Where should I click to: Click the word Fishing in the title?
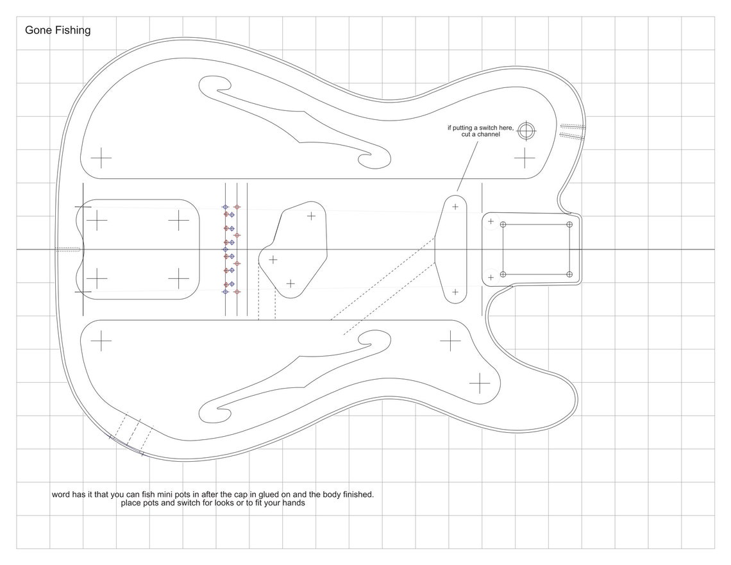click(72, 30)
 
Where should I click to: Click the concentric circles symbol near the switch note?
click(527, 131)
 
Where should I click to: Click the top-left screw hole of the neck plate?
click(503, 224)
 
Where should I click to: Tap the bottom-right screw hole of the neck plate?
click(570, 274)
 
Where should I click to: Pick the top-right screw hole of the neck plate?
click(570, 224)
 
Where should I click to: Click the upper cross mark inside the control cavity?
click(311, 216)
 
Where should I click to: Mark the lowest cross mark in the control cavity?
click(290, 283)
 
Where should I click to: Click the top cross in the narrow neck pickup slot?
click(456, 207)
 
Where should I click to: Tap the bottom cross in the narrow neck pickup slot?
click(456, 292)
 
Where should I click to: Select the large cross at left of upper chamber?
click(101, 157)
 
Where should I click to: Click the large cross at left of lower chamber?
click(101, 341)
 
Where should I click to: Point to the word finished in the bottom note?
click(355, 494)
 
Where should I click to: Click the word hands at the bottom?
click(293, 503)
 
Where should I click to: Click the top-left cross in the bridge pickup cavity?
click(97, 221)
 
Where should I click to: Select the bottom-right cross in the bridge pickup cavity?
click(179, 278)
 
